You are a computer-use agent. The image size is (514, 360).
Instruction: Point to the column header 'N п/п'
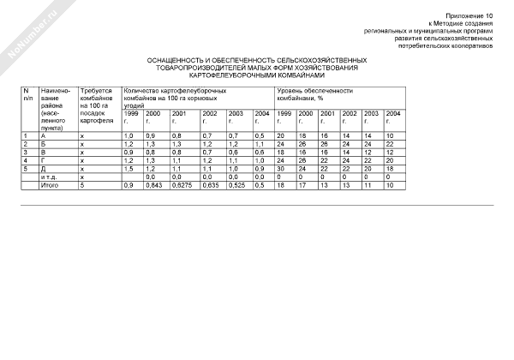(x=27, y=93)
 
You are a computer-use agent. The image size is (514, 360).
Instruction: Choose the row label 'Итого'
(x=49, y=183)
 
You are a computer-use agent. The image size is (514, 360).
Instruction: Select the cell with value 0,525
(x=236, y=183)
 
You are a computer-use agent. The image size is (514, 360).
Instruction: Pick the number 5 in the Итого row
(x=81, y=183)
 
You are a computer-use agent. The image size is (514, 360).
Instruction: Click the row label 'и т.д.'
(x=49, y=176)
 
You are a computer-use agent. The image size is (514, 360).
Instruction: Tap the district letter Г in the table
(x=43, y=159)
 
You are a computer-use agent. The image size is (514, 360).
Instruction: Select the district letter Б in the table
(x=43, y=144)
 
